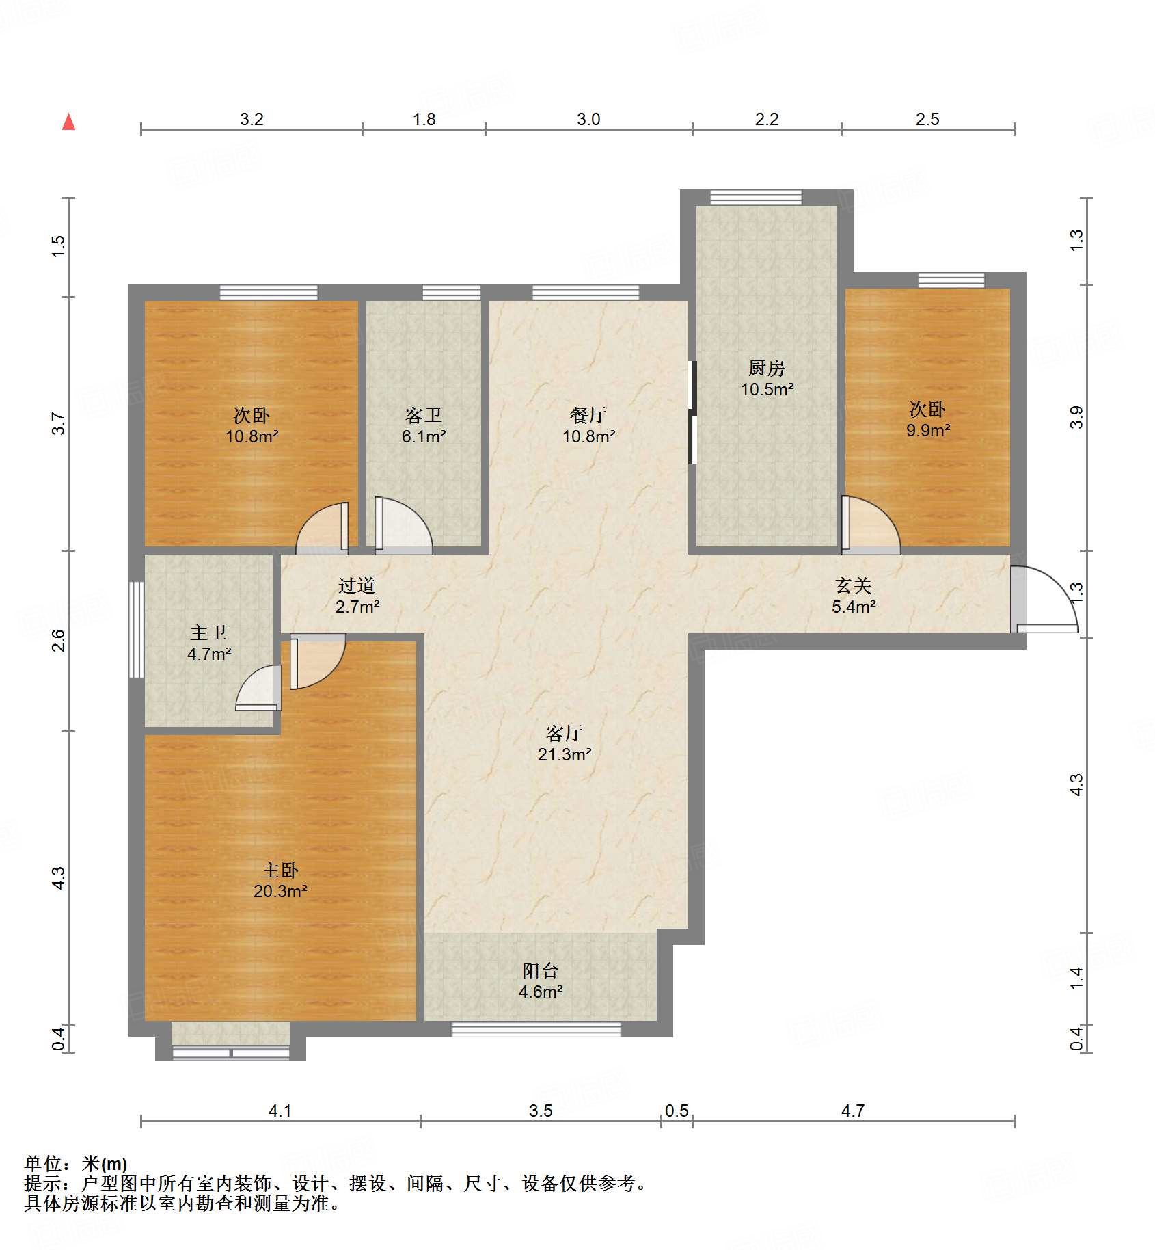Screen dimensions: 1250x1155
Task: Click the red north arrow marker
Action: (x=68, y=122)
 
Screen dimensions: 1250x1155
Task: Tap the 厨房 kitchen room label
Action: (x=766, y=369)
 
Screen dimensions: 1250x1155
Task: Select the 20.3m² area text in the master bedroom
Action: (x=280, y=891)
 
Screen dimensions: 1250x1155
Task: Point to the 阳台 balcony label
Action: (x=540, y=970)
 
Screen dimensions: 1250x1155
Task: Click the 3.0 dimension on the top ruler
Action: (x=588, y=120)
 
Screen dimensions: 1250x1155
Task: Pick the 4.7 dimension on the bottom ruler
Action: (x=852, y=1111)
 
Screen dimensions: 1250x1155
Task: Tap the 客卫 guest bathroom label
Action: (x=423, y=415)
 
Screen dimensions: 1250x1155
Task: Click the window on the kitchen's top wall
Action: (x=755, y=198)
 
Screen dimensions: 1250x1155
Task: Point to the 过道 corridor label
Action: (x=357, y=585)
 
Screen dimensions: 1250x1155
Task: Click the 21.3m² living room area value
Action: (x=564, y=754)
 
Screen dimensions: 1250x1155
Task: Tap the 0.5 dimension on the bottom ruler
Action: (x=677, y=1111)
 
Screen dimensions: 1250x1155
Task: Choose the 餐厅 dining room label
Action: (x=588, y=415)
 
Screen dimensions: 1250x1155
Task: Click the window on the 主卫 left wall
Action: (x=137, y=629)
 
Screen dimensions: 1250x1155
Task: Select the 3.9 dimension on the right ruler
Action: (x=1076, y=417)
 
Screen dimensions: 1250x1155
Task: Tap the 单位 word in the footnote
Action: (x=43, y=1163)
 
